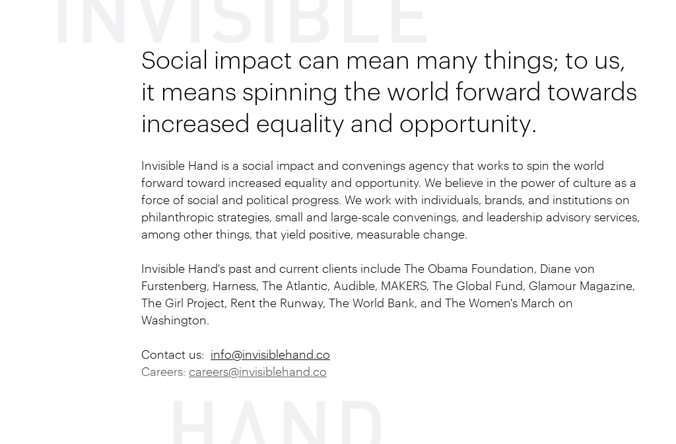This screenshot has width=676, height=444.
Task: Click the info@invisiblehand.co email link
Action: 270,355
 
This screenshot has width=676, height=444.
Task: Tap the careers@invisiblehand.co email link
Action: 257,372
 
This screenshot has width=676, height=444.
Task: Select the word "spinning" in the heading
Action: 290,92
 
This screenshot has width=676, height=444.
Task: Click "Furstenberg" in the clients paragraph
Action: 174,286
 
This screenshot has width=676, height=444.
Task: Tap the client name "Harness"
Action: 234,286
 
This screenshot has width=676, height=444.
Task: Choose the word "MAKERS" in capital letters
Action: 404,286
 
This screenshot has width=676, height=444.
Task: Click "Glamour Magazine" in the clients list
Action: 580,286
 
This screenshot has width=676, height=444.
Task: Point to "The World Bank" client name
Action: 372,303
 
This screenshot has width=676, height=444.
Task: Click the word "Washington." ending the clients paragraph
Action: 175,320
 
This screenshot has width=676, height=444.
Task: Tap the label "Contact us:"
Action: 172,355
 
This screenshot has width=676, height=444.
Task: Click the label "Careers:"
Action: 163,372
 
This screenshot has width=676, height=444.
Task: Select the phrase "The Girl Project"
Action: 183,303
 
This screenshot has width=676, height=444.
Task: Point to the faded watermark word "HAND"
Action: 277,422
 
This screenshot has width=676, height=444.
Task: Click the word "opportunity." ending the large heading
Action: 467,124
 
